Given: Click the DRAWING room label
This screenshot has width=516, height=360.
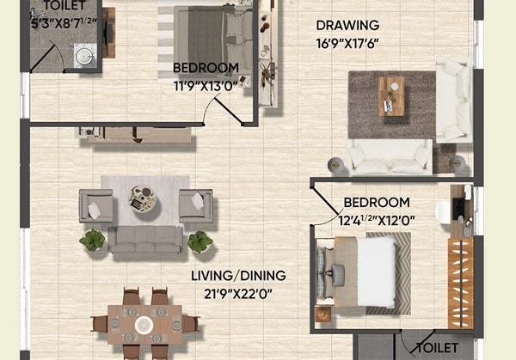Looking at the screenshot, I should point(347,25).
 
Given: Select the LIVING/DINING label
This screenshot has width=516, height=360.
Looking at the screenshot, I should point(239,276).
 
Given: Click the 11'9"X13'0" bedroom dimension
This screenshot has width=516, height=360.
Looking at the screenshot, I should point(206,83).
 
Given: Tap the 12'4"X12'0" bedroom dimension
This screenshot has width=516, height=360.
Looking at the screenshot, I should point(377,219).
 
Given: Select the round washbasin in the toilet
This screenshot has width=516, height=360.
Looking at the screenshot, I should point(84,56).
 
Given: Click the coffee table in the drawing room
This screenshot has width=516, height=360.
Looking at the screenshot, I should point(391,95).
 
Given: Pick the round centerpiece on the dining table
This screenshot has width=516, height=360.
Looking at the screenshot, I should point(144,325).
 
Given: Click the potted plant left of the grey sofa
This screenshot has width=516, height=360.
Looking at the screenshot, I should point(92,240).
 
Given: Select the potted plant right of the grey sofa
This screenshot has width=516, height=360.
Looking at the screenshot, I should point(200,241).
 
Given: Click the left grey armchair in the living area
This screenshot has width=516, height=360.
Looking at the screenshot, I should point(95,206).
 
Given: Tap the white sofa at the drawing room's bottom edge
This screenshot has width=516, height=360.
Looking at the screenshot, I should point(389,156).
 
